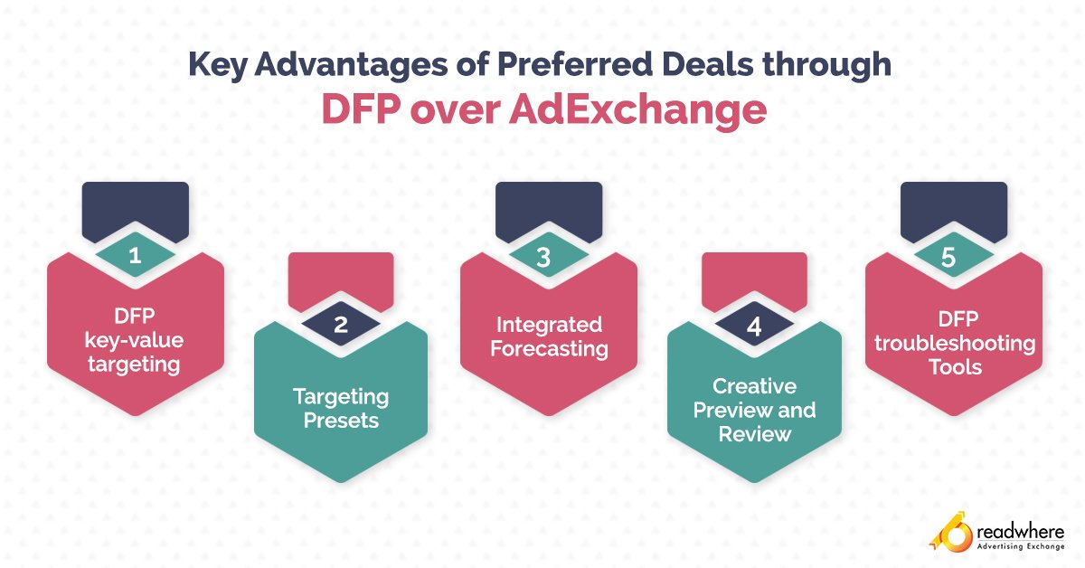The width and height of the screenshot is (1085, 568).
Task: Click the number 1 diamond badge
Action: pos(135,256)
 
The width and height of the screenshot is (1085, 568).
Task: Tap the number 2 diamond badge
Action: pos(340,326)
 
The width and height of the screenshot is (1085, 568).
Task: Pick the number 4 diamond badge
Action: pos(754,326)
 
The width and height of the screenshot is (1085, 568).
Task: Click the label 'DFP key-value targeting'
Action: pos(135,341)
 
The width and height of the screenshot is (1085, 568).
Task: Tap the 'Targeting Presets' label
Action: pos(340,409)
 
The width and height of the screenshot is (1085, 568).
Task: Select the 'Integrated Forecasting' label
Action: pos(546,336)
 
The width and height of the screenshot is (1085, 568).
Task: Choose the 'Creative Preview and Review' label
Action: pos(754,410)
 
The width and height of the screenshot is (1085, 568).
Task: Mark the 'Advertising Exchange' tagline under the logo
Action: pos(1020,548)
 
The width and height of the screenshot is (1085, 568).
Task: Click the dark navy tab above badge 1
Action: pos(135,207)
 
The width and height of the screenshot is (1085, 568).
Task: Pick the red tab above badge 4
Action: pos(754,277)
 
